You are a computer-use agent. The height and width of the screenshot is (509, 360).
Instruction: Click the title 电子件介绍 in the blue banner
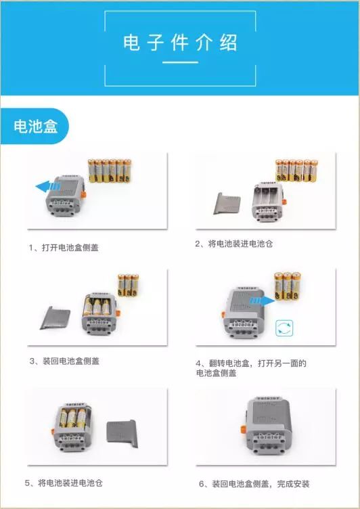180,42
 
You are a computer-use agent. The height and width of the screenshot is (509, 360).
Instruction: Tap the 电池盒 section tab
35,126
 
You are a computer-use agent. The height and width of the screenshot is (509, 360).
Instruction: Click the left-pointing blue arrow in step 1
48,186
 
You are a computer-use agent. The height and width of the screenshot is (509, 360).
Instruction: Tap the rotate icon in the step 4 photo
284,328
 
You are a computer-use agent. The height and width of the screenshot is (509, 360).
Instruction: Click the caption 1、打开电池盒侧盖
64,248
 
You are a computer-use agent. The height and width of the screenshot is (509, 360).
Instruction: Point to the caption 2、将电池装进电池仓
233,244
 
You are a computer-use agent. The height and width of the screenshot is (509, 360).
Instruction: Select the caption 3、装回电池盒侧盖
64,361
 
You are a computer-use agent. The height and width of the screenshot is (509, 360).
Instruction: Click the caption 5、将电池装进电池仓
64,483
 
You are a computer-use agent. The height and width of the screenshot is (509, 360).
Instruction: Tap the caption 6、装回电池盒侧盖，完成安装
254,484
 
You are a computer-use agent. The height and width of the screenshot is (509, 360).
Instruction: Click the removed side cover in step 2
227,204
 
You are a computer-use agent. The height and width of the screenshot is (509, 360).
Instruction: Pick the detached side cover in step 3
55,317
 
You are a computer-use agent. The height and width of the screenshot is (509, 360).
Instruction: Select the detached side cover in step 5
122,433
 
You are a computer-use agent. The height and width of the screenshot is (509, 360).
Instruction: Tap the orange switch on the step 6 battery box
244,430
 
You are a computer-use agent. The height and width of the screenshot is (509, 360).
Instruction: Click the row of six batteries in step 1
110,171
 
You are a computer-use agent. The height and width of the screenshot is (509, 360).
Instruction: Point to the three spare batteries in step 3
128,286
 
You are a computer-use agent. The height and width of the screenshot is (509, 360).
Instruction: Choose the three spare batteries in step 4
288,286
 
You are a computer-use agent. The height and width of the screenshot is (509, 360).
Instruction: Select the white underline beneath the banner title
180,62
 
